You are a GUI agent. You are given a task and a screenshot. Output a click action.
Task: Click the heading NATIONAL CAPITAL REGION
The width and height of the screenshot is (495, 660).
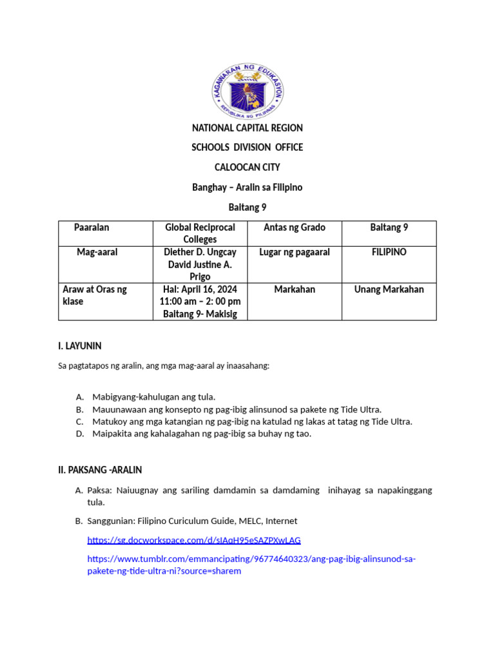(247, 128)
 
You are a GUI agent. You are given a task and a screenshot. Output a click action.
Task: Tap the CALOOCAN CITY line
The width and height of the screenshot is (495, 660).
(247, 168)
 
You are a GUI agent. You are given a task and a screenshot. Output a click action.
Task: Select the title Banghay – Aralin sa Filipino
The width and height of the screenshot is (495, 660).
(247, 188)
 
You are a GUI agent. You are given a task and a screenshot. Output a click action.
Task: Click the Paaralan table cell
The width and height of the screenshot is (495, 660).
(92, 228)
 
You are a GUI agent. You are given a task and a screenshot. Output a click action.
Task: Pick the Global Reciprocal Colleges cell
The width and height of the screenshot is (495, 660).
(200, 233)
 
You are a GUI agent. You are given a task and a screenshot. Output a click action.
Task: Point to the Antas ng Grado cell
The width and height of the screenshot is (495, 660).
(295, 228)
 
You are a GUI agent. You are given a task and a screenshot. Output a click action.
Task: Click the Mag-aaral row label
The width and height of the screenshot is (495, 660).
(97, 252)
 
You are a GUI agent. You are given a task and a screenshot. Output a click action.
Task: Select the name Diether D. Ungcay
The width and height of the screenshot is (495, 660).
(200, 252)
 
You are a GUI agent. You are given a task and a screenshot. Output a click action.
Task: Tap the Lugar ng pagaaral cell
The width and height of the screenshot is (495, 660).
(295, 252)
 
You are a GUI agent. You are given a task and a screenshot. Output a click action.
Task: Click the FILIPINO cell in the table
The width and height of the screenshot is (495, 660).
(389, 252)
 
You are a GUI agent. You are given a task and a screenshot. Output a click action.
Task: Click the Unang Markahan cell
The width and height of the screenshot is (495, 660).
(389, 289)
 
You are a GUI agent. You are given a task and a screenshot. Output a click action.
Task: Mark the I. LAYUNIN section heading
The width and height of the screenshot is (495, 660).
(80, 346)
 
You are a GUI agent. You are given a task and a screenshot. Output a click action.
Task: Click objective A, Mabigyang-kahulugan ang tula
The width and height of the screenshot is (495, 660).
(153, 396)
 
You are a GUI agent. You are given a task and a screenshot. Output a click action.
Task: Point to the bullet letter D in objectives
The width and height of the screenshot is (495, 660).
(79, 434)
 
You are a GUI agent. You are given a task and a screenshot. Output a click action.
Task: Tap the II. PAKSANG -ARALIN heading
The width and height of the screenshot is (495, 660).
(100, 470)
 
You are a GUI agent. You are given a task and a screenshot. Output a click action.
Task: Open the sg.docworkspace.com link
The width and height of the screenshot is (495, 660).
(193, 539)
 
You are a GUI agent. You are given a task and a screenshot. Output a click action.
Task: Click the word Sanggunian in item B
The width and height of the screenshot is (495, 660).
(110, 520)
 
